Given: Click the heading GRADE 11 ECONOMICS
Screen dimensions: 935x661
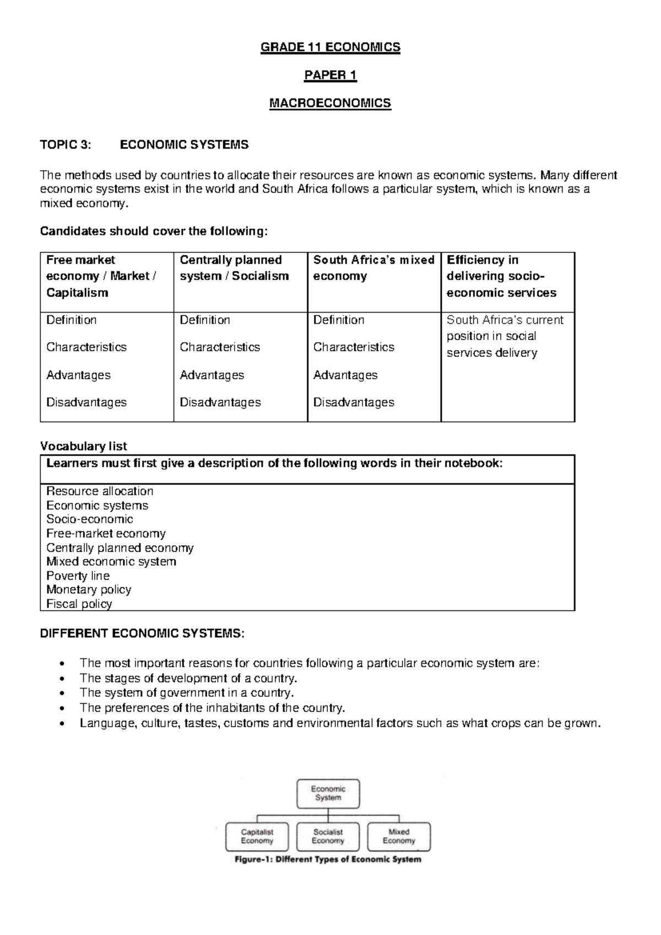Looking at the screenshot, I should [x=330, y=47].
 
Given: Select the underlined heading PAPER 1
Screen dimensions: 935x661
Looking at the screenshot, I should [x=330, y=76].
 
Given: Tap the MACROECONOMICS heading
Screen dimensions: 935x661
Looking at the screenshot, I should [x=330, y=103].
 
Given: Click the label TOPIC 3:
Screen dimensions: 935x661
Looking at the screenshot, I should [x=63, y=145].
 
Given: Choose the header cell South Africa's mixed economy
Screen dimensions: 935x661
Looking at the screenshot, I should [x=373, y=268].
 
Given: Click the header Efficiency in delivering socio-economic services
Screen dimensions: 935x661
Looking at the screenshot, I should [x=501, y=276].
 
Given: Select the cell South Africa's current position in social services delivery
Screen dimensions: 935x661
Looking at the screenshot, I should [x=505, y=336].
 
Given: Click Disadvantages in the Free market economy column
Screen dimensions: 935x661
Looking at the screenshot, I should [x=86, y=402].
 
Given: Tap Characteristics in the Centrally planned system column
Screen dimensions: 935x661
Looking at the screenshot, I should [x=220, y=347].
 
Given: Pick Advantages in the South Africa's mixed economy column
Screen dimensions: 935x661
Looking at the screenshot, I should [x=345, y=375].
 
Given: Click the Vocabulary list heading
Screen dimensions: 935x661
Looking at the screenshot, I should [x=83, y=446].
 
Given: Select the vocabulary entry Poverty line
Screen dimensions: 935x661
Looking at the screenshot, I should [x=78, y=576].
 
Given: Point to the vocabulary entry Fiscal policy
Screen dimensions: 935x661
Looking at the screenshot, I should [x=79, y=604].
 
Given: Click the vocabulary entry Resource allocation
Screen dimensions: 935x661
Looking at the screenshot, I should [x=100, y=491].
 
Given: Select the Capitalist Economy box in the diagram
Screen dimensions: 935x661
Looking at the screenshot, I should [x=257, y=836].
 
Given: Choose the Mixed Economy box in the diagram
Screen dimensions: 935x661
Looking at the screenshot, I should [x=399, y=836].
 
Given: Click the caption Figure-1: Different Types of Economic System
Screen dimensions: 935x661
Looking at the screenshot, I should [x=328, y=859].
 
